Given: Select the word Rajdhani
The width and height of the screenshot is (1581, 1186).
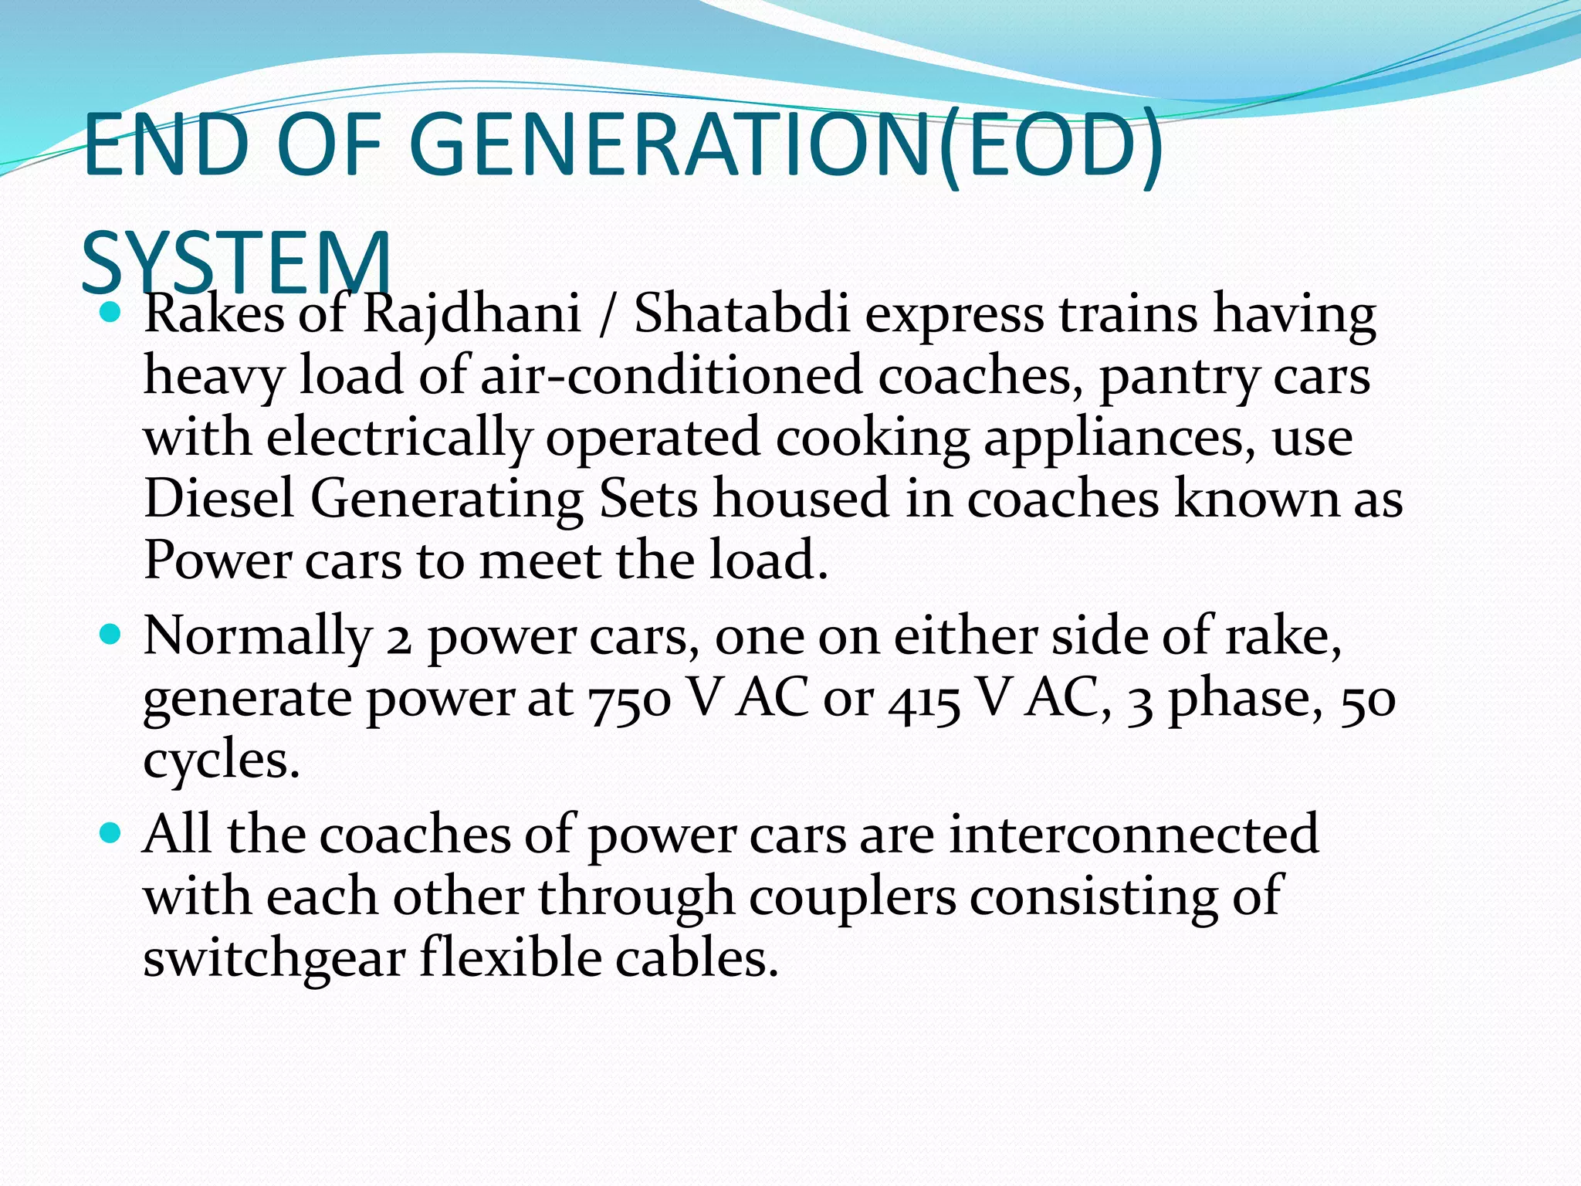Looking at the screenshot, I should tap(472, 316).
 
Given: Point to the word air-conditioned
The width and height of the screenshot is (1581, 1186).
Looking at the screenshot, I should tap(671, 376).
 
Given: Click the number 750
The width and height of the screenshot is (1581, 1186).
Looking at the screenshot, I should tap(630, 699).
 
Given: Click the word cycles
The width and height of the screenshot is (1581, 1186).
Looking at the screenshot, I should tap(221, 762).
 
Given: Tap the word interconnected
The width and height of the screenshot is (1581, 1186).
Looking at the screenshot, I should tap(1134, 835).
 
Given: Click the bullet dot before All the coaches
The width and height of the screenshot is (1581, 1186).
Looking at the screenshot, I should tap(111, 832).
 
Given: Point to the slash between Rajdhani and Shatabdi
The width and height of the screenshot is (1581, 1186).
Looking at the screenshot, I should tap(608, 316).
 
